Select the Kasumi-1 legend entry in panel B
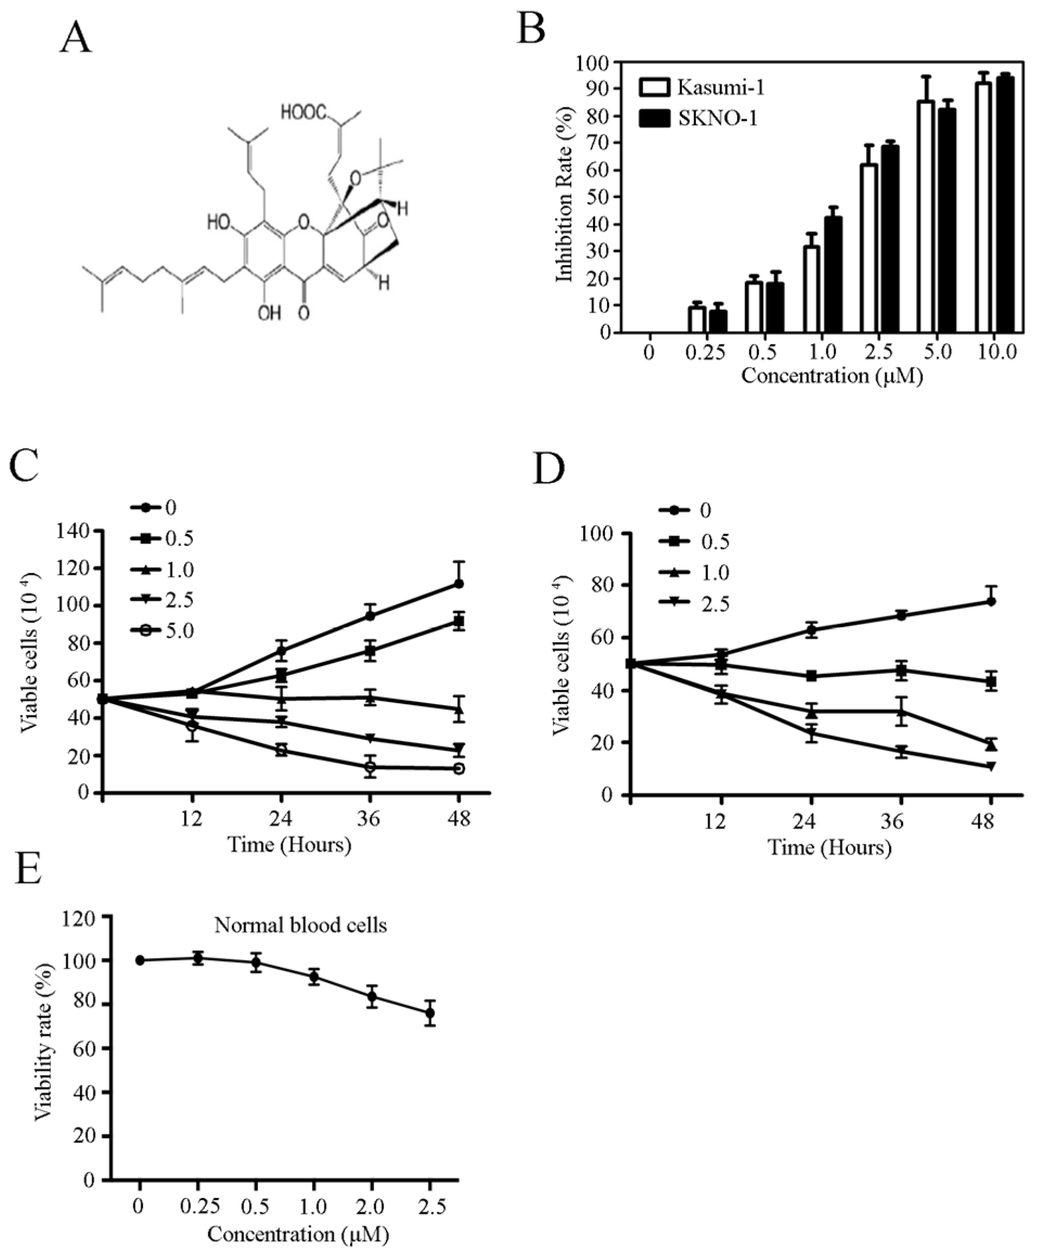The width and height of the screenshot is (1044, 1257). [x=701, y=87]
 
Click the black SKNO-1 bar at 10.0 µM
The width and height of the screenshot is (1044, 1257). [x=1004, y=205]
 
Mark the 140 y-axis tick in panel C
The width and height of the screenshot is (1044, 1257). [x=76, y=531]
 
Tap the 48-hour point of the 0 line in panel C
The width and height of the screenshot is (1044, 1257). [x=459, y=584]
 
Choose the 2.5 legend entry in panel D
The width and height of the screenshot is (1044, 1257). [x=694, y=604]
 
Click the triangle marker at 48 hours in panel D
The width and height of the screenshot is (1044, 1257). [x=991, y=745]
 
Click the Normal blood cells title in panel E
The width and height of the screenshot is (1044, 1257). [x=300, y=925]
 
